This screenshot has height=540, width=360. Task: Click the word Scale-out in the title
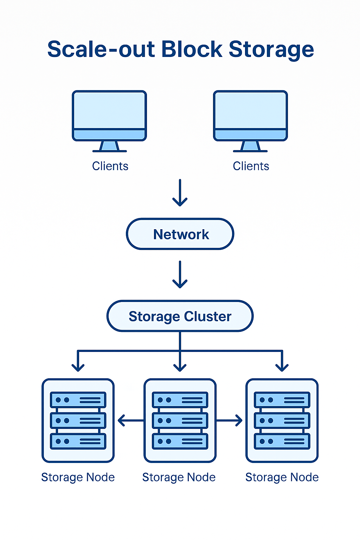[101, 49]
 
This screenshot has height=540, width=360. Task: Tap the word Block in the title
[192, 49]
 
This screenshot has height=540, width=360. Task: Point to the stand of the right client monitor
[250, 146]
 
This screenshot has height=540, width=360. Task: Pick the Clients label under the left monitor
[110, 166]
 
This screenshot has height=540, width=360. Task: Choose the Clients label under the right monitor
[251, 166]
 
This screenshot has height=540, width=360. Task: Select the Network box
[180, 234]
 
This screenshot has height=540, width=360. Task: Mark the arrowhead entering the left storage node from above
[78, 367]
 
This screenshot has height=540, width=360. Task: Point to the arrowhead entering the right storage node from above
[282, 367]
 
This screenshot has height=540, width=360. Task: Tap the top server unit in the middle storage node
[180, 400]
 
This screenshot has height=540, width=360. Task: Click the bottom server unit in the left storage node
[78, 442]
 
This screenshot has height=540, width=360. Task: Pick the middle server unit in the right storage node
[282, 420]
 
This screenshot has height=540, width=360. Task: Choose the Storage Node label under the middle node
[179, 477]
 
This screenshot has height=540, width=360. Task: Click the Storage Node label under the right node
[282, 477]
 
